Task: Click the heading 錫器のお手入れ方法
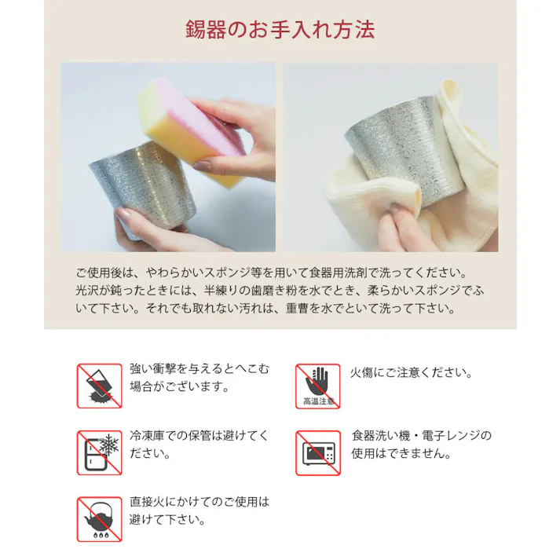coord(280,30)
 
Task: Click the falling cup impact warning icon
coord(99,386)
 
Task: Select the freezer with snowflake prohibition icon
coord(99,452)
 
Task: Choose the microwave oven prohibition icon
coord(318,452)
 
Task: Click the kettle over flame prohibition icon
coord(99,519)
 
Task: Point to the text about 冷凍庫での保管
coord(199,445)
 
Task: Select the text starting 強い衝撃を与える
coord(199,378)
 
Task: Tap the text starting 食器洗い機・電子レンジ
coord(421,445)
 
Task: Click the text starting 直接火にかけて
coord(199,511)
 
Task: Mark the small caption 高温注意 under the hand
coord(318,401)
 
